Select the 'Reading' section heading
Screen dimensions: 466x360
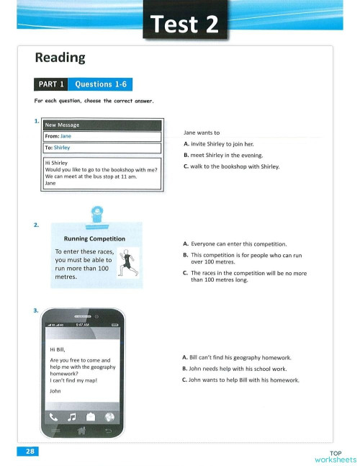(60, 57)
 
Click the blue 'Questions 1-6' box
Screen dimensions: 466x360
(101, 84)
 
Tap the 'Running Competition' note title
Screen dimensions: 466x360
(95, 238)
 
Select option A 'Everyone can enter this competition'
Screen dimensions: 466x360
(235, 243)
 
